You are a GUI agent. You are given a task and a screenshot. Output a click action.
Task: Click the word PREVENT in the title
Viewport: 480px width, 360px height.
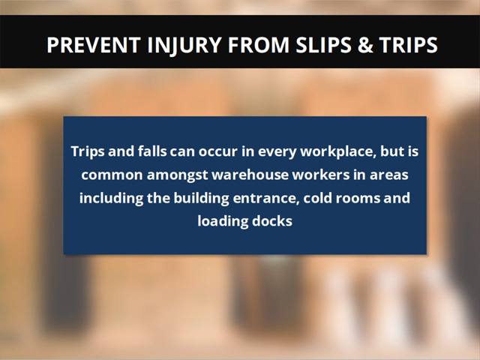[x=94, y=45]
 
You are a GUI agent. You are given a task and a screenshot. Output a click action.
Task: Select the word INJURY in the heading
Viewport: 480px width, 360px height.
[x=184, y=46]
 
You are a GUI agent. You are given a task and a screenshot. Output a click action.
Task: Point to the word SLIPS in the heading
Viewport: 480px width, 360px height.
[x=323, y=45]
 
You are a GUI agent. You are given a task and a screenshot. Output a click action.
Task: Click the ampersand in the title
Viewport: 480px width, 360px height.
[x=365, y=45]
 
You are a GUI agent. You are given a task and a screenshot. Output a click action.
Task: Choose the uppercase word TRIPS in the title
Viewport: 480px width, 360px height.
[x=408, y=45]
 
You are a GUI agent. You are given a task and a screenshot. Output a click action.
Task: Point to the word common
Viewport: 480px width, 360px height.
[x=112, y=175]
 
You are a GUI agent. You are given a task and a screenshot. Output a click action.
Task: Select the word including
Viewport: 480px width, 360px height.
[x=111, y=199]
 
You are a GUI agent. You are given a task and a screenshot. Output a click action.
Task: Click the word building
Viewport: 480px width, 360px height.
[x=202, y=199]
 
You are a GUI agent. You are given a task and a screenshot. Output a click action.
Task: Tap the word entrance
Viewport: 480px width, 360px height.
[x=266, y=198]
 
